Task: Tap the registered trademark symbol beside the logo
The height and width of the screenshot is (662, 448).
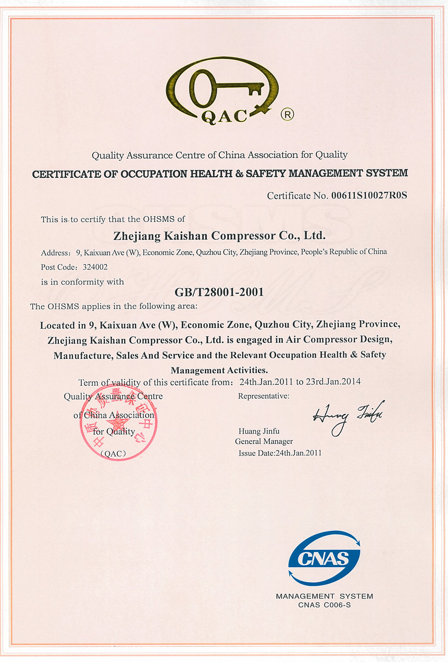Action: pos(287,114)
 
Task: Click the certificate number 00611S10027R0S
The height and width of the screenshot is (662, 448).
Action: pos(368,196)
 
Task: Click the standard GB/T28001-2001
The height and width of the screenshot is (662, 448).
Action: pos(219,292)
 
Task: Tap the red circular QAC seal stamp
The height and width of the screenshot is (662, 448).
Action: pos(118,422)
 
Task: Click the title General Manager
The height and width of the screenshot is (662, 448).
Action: pos(264,442)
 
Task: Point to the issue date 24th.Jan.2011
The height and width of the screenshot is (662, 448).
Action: pos(298,453)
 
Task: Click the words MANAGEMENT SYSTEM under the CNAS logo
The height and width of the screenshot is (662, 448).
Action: pos(325,596)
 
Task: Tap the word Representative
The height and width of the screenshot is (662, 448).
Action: pos(263,396)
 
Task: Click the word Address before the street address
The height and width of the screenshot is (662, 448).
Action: pos(55,253)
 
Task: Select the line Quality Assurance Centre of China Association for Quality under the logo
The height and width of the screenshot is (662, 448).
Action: pos(219,155)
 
